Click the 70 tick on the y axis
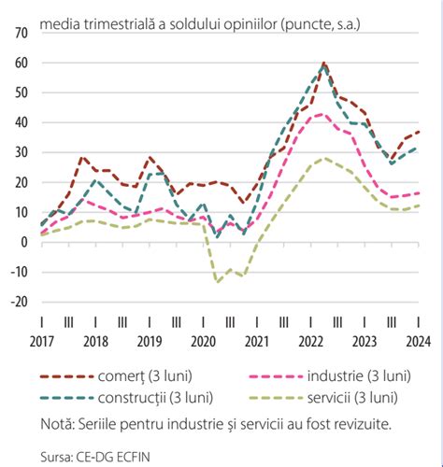[x=21, y=33]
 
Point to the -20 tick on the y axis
[x=19, y=302]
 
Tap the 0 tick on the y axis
[x=24, y=242]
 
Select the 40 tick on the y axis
[x=21, y=122]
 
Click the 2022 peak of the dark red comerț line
[x=323, y=64]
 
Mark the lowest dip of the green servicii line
[x=218, y=281]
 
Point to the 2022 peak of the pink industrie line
[x=322, y=114]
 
